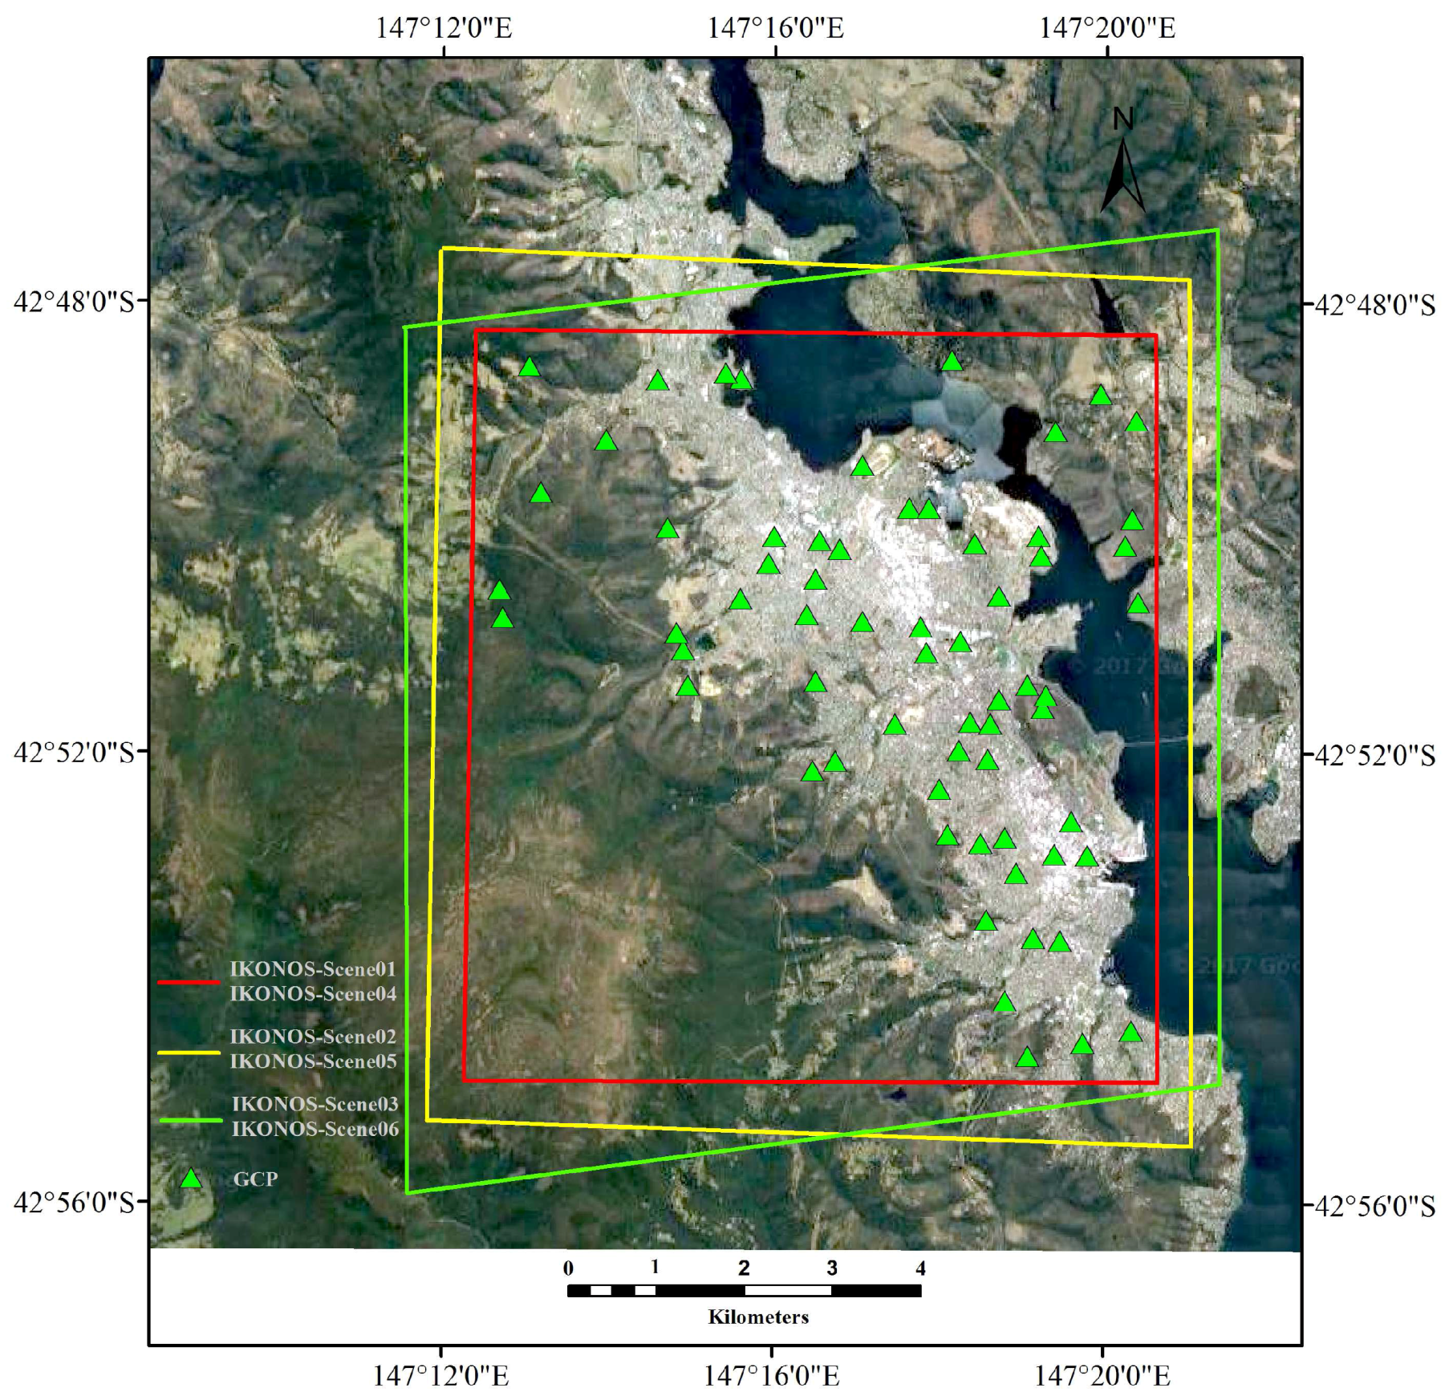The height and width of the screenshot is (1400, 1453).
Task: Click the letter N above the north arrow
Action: [1123, 120]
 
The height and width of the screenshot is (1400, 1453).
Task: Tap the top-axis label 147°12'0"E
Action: [443, 28]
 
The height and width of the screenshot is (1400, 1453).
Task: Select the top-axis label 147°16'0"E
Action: [775, 28]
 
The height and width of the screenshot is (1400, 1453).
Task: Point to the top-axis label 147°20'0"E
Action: [1107, 28]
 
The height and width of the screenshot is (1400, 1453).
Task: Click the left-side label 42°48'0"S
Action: [74, 302]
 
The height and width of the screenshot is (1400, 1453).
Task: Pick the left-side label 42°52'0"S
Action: [74, 753]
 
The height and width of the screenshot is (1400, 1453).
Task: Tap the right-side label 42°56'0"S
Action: [1374, 1206]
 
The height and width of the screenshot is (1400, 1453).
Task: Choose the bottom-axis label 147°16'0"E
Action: [772, 1377]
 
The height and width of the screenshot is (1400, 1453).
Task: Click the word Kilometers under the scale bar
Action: [758, 1317]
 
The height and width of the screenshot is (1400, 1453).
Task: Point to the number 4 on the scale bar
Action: [920, 1268]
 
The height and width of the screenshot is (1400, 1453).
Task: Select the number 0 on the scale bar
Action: [568, 1268]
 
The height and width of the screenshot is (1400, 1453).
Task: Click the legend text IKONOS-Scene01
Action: [313, 969]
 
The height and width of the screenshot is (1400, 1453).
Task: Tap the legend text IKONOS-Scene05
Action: [313, 1061]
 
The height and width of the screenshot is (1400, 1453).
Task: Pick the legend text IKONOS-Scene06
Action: [315, 1129]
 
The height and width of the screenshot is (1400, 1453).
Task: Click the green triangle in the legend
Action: [190, 1179]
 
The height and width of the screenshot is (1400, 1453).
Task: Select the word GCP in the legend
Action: [255, 1179]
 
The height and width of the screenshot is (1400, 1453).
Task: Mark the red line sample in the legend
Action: [189, 982]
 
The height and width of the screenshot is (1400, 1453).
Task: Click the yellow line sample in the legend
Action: [189, 1053]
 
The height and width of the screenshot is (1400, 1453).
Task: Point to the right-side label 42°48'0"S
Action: [1374, 305]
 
